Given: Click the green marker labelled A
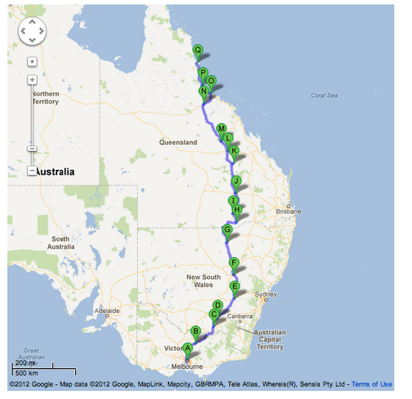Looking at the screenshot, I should tap(188, 348).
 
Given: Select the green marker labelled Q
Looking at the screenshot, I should tap(198, 51).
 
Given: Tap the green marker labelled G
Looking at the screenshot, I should tap(227, 230).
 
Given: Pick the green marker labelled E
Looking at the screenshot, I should tap(235, 286).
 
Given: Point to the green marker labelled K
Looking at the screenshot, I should tap(234, 152).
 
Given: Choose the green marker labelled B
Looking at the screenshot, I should tap(196, 331).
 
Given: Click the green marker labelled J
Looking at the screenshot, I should tap(237, 181).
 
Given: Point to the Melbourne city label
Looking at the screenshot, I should tap(187, 366).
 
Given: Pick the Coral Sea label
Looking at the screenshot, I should tap(324, 95).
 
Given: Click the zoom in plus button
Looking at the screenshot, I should tap(32, 80).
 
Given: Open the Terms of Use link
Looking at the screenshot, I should tap(371, 384).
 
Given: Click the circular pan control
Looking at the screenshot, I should tap(32, 31).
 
